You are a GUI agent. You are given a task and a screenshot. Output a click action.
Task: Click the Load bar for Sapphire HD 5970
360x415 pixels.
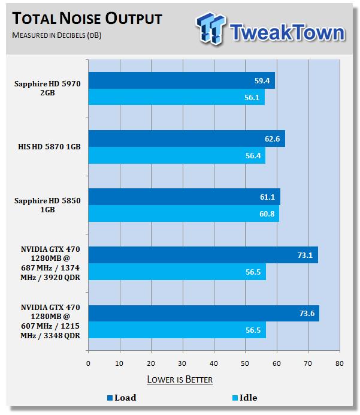[x=181, y=81]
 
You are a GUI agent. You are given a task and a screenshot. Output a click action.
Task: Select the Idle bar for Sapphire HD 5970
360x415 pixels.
[x=176, y=97]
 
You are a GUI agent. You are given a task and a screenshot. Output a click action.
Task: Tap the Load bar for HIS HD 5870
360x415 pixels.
[x=186, y=139]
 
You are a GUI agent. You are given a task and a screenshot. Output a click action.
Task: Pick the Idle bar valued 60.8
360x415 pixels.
[x=183, y=214]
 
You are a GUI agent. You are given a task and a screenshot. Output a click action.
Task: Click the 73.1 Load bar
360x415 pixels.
[x=202, y=255]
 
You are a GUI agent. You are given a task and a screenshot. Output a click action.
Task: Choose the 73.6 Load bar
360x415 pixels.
[x=204, y=314]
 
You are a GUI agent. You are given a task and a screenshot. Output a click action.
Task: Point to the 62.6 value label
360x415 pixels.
[x=273, y=139]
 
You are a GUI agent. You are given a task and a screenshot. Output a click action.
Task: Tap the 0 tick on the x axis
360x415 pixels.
[x=88, y=363]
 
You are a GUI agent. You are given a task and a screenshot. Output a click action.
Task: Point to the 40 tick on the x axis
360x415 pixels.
[x=214, y=363]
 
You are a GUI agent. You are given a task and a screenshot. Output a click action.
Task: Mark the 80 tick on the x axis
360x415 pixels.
[x=339, y=363]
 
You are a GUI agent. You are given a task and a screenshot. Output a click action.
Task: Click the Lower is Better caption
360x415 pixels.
[x=180, y=380]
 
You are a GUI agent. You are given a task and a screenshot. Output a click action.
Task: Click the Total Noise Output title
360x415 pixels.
[x=87, y=19]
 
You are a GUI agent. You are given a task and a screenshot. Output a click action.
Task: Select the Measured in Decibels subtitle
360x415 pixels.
[x=57, y=35]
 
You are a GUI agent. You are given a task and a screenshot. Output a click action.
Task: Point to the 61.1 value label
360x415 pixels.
[x=268, y=197]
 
